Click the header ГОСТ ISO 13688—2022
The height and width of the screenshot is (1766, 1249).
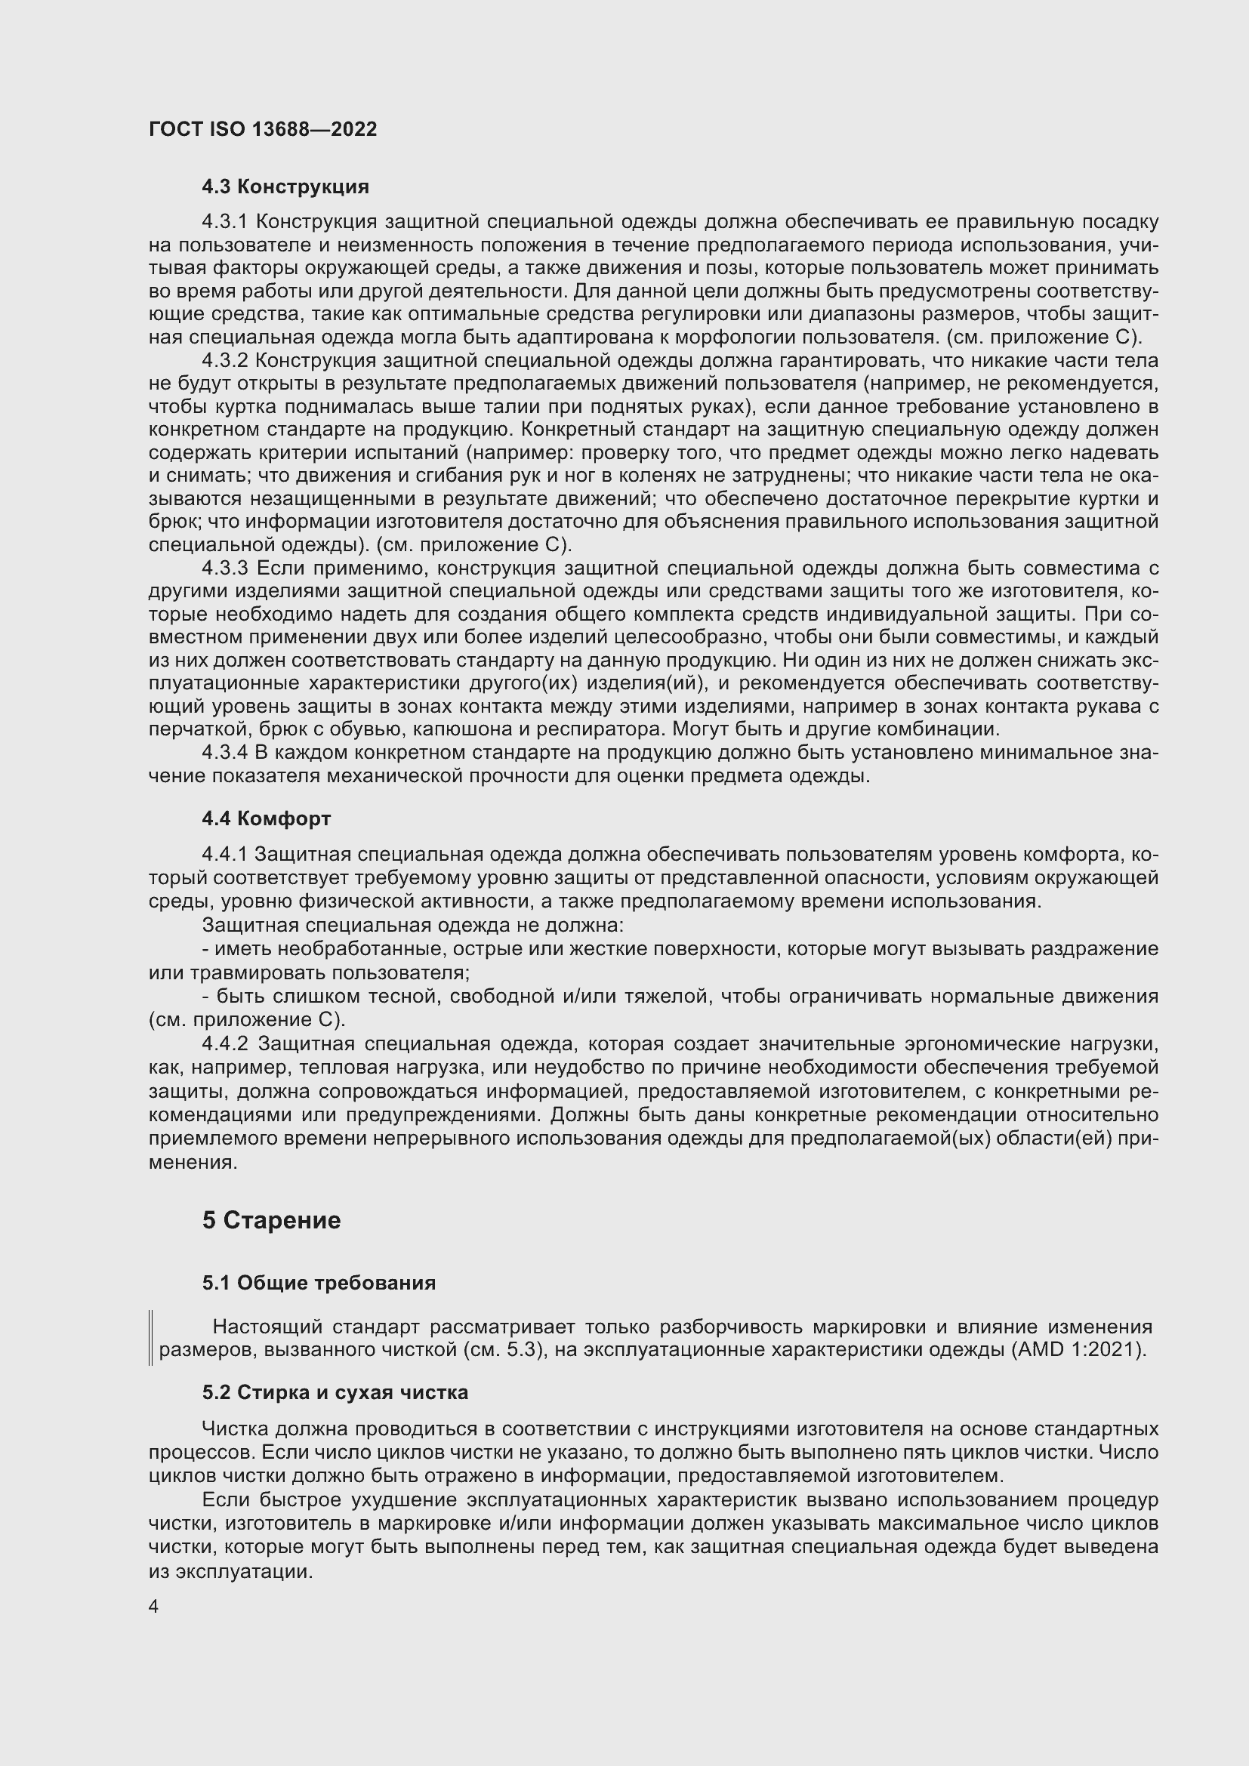tap(262, 129)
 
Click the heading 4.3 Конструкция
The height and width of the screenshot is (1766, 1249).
tap(285, 187)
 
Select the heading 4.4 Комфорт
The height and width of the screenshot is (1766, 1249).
tap(266, 818)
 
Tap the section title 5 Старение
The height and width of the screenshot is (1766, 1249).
tap(271, 1221)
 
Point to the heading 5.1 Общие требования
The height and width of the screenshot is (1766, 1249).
tap(319, 1283)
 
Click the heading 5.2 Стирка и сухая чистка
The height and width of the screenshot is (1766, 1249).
tap(335, 1393)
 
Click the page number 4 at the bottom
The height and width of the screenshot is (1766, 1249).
tap(154, 1607)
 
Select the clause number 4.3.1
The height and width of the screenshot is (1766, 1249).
tap(224, 222)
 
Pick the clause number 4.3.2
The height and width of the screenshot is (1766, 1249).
tap(224, 361)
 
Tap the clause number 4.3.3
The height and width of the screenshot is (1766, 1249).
tap(224, 569)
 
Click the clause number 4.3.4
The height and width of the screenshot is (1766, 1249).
tap(224, 752)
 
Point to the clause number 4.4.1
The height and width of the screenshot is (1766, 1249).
tap(224, 855)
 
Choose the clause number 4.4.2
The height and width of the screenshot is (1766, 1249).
tap(224, 1043)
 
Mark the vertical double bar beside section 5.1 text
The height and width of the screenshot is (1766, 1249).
tap(151, 1338)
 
